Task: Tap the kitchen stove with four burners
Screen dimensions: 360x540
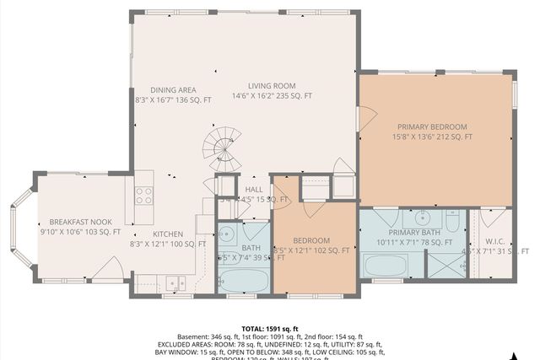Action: click(x=143, y=196)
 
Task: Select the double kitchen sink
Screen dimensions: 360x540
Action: click(x=176, y=282)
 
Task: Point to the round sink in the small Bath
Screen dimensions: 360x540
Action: click(x=226, y=232)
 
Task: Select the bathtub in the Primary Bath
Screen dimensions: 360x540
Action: click(x=386, y=266)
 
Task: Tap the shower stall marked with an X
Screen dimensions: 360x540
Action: click(x=445, y=264)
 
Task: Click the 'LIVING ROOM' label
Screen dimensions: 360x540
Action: click(x=271, y=85)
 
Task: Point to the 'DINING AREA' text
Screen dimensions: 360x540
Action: click(x=174, y=89)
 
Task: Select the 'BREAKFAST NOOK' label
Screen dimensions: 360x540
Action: click(x=79, y=221)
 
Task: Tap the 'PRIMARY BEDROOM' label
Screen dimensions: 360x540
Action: click(x=432, y=126)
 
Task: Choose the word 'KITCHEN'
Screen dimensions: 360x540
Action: click(x=167, y=234)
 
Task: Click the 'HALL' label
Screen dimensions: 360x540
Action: click(x=254, y=190)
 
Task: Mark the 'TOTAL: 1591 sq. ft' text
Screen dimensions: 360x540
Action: click(x=270, y=328)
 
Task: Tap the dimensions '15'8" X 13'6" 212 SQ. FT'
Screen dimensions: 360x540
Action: click(x=432, y=137)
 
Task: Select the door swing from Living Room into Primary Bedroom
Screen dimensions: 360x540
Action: click(x=366, y=118)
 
